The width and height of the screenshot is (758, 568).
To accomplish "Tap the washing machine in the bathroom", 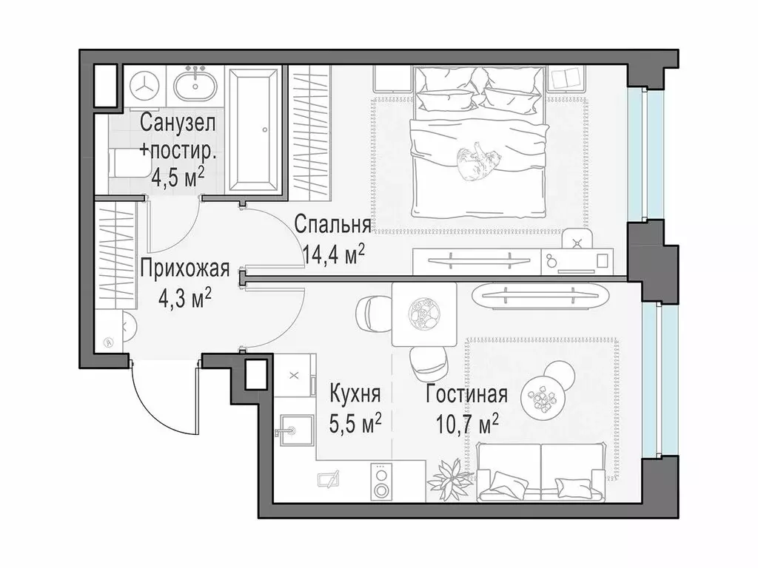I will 145,86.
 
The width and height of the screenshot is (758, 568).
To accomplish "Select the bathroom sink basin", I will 197,87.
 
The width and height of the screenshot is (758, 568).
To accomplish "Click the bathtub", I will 253,131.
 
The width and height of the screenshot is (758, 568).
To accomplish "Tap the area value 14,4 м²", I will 334,254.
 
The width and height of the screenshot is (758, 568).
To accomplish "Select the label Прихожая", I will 184,268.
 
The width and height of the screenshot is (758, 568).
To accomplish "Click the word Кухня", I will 355,393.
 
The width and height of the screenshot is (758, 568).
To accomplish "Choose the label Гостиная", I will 466,393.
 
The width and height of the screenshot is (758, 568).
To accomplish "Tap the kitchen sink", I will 289,429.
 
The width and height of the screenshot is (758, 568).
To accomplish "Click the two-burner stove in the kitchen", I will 383,482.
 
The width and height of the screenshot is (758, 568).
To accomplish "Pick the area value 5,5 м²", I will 355,423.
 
